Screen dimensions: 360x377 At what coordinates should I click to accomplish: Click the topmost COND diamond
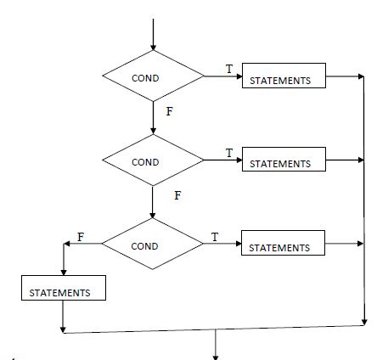[153, 77]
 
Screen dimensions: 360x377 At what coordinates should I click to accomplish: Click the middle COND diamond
[153, 160]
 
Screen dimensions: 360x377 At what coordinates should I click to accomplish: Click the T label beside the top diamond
[228, 67]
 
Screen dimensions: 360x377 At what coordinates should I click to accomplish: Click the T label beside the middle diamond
[228, 152]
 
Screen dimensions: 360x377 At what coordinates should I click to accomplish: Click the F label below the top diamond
[169, 111]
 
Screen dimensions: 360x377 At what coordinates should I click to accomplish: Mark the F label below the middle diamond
[177, 194]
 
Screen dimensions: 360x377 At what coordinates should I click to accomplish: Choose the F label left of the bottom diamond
[81, 236]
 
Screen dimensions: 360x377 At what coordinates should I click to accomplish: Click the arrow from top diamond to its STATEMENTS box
[223, 77]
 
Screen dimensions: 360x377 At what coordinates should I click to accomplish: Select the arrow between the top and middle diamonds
[153, 118]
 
